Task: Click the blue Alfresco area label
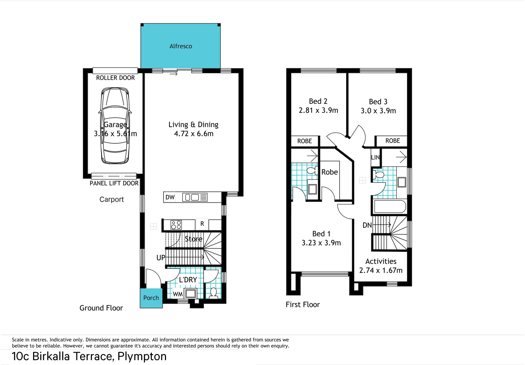[x=181, y=46]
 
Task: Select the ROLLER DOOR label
[x=115, y=78]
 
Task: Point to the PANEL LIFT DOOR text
[x=114, y=183]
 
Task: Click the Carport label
[x=112, y=199]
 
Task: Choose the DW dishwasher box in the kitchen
[x=170, y=197]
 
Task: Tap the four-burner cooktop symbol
[x=176, y=225]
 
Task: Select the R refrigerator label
[x=202, y=224]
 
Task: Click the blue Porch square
[x=151, y=298]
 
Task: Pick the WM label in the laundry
[x=177, y=294]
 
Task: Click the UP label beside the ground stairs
[x=161, y=258]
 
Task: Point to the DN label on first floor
[x=367, y=225]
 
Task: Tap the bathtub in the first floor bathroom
[x=389, y=206]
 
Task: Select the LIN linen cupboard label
[x=375, y=157]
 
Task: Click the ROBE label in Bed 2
[x=304, y=141]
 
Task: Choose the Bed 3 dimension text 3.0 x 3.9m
[x=378, y=111]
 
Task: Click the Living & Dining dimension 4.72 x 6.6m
[x=194, y=134]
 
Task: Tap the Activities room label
[x=381, y=261]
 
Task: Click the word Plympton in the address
[x=142, y=356]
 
